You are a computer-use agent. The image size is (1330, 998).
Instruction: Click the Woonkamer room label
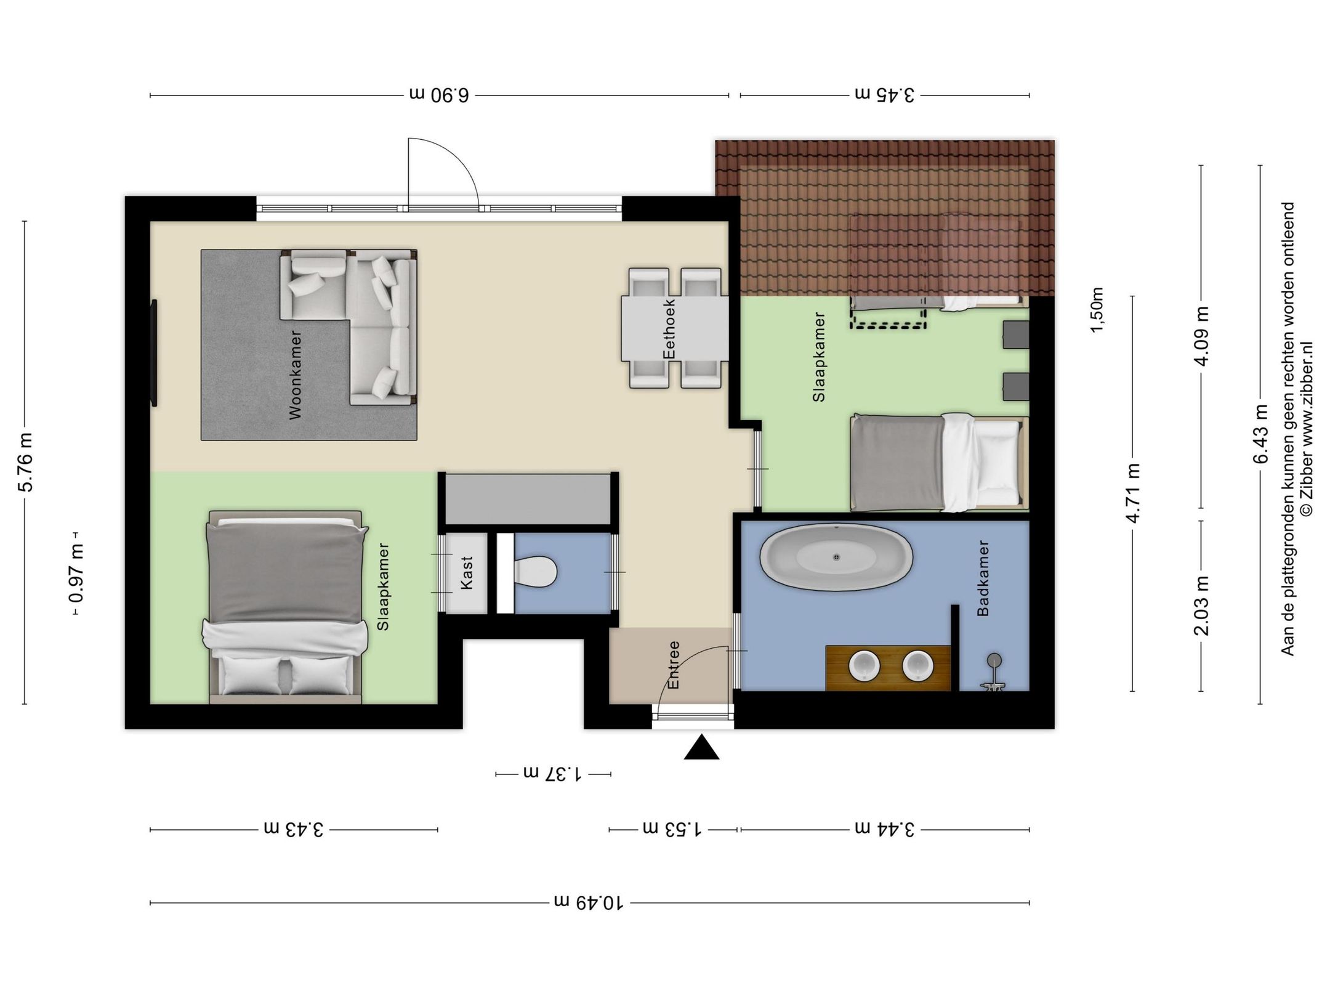296,375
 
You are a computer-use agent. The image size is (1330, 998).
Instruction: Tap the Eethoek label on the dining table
669,328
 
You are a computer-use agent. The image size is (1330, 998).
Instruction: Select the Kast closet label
467,573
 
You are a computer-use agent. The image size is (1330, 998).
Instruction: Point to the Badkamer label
983,578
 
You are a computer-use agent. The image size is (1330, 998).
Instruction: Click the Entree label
674,665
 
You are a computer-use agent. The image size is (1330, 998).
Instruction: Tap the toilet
535,572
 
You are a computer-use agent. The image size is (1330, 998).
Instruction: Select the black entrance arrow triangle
701,747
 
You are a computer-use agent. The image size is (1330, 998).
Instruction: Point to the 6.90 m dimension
440,95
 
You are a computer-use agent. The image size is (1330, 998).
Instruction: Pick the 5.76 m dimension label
26,462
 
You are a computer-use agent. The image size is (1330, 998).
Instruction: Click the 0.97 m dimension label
77,574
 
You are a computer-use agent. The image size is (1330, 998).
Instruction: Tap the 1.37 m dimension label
553,773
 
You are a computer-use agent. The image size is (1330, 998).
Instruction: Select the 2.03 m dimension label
1201,606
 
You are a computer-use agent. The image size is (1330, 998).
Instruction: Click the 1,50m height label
1097,310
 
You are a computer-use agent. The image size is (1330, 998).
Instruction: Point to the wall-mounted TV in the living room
154,353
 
